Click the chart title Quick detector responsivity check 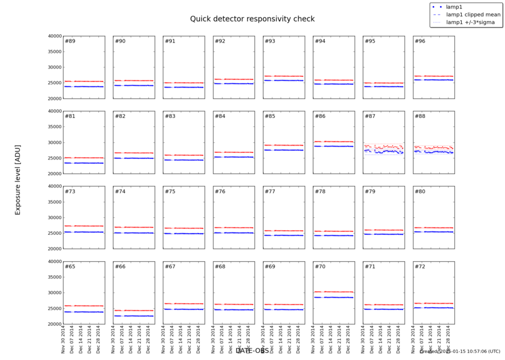point(252,19)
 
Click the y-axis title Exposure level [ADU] point(17,178)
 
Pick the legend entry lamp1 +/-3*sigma point(470,22)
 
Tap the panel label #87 point(370,117)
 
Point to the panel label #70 point(320,267)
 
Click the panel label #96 point(420,42)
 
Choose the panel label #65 point(70,267)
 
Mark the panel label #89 point(70,42)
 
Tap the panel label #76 point(219,192)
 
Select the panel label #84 point(219,117)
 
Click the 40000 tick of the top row point(54,36)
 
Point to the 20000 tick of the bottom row point(54,324)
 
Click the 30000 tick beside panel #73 point(54,217)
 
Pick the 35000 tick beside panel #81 point(54,127)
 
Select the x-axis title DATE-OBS point(252,350)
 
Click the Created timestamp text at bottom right point(460,351)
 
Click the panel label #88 point(420,117)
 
